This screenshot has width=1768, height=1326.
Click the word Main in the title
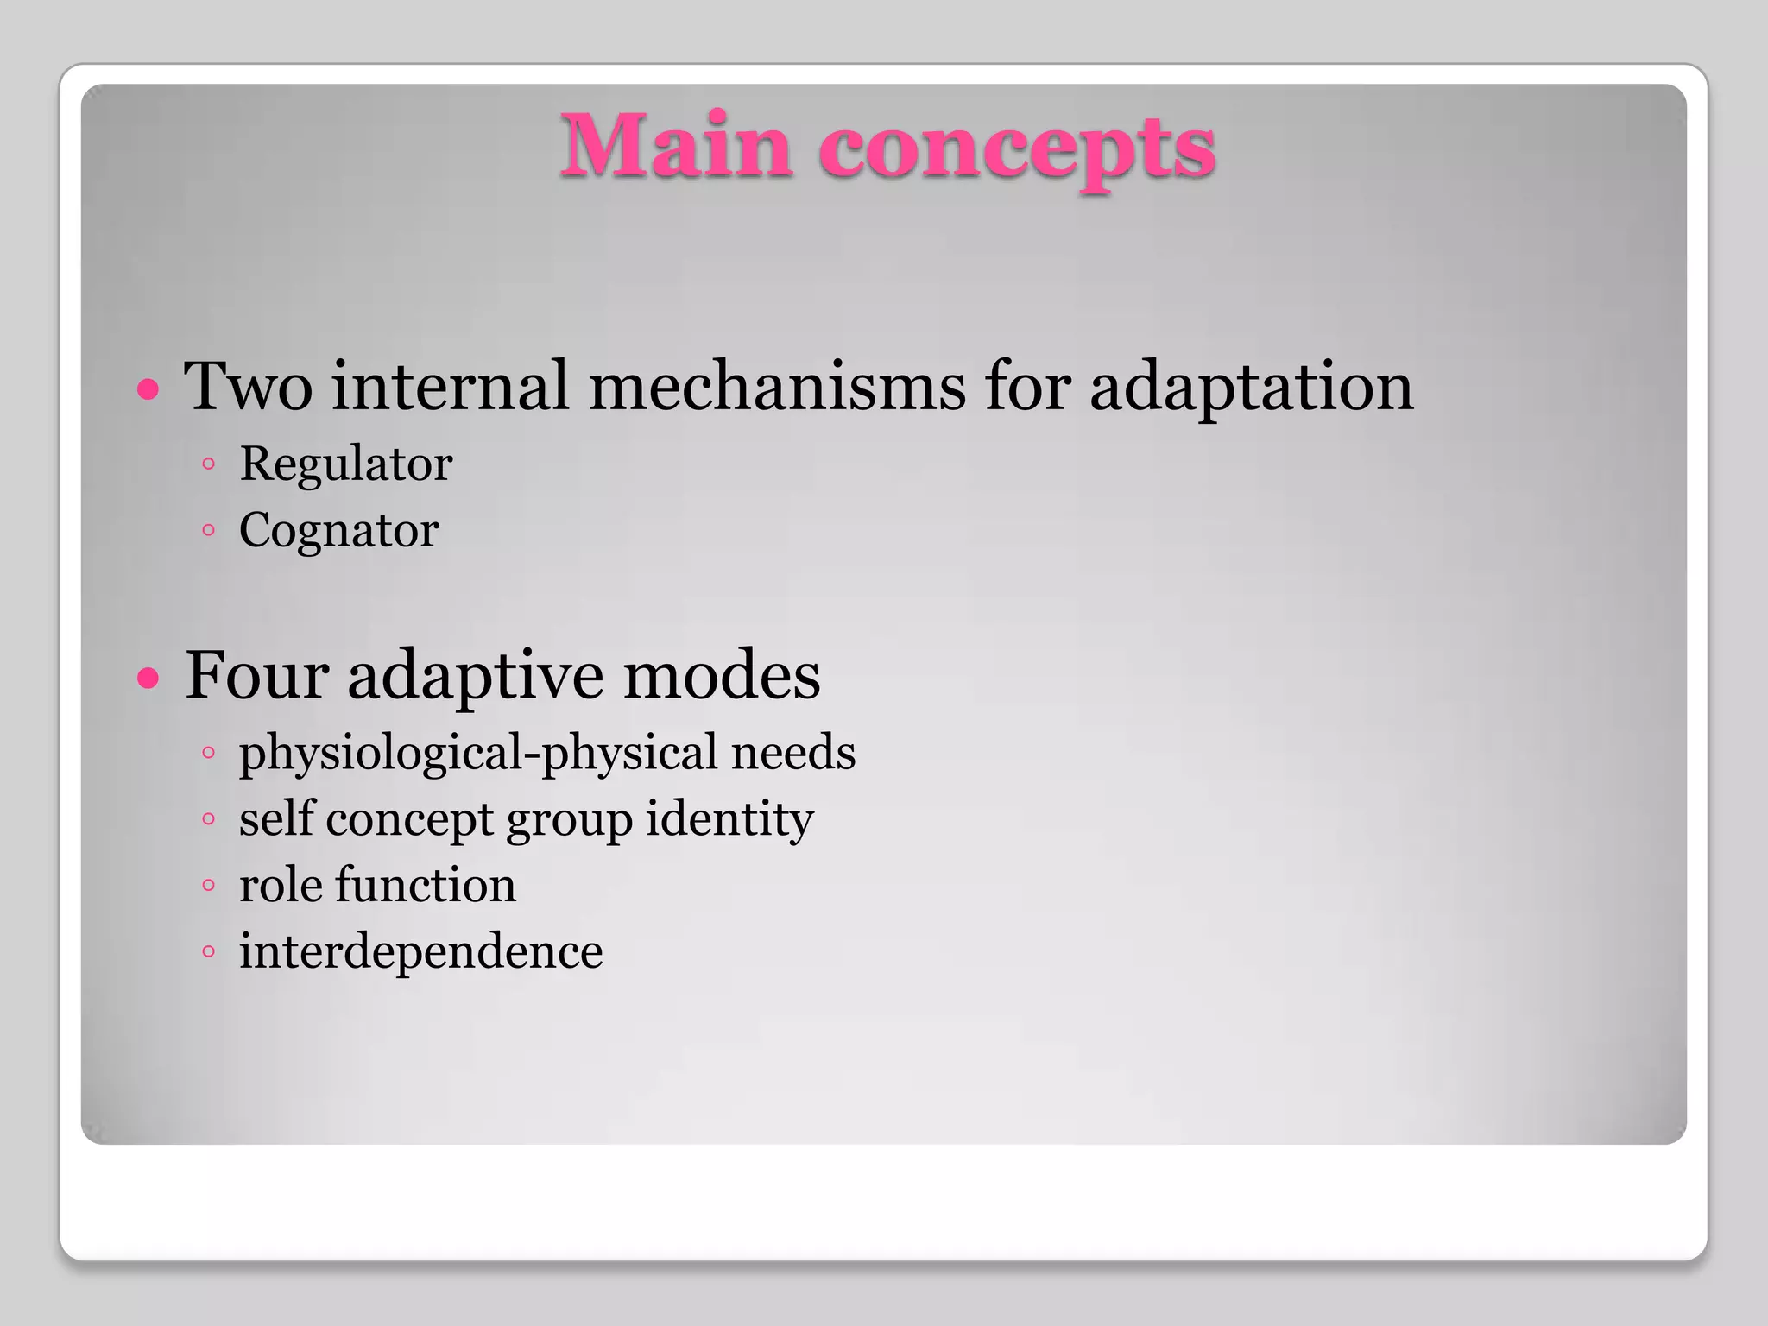coord(676,147)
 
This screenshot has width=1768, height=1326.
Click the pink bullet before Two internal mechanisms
coord(148,389)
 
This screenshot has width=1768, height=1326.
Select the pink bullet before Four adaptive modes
coord(148,678)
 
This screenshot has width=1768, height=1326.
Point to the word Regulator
coord(345,464)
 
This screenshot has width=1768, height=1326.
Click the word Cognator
coord(338,530)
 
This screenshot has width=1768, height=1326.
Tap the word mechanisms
coord(777,386)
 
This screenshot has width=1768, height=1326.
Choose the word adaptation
coord(1251,388)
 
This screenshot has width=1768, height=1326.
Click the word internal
coord(451,386)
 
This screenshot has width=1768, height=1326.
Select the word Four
coord(256,675)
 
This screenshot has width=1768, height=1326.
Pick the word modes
coord(722,675)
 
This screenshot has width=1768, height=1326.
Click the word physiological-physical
coord(479,753)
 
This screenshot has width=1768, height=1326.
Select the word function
coord(426,885)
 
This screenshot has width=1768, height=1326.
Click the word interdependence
coord(420,951)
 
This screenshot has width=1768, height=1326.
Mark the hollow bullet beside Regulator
coord(208,464)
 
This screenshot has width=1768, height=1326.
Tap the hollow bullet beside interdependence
coord(208,952)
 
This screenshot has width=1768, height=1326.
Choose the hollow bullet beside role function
coord(208,886)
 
